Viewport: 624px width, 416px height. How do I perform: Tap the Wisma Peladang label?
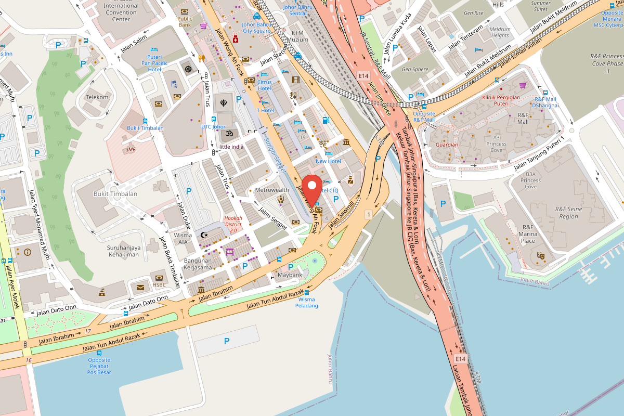(306, 302)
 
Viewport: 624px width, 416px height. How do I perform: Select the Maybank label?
(290, 275)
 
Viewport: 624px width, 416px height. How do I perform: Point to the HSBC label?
(159, 284)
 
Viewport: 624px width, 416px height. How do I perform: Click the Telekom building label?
(97, 97)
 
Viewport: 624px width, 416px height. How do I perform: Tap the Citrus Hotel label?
(264, 85)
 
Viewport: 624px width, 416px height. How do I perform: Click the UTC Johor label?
(213, 126)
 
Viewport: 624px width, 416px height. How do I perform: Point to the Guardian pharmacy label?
(447, 145)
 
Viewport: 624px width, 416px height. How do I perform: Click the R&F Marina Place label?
(528, 234)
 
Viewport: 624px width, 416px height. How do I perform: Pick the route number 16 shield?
(28, 360)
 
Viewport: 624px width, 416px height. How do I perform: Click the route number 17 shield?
(87, 331)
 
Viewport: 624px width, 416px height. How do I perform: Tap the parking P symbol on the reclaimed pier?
(226, 341)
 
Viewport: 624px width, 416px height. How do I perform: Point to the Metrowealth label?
(271, 190)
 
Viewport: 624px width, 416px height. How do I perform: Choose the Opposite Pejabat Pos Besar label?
(99, 366)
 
